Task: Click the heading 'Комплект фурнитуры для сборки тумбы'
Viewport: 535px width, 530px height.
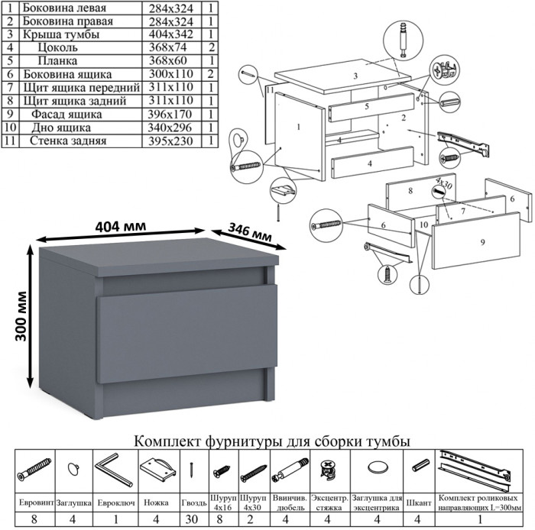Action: [x=271, y=441]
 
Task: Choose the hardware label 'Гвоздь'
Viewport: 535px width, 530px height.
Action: [x=194, y=504]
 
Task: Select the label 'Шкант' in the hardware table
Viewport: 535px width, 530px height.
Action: [x=418, y=504]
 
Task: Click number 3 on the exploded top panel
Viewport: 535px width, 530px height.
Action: [x=355, y=76]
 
